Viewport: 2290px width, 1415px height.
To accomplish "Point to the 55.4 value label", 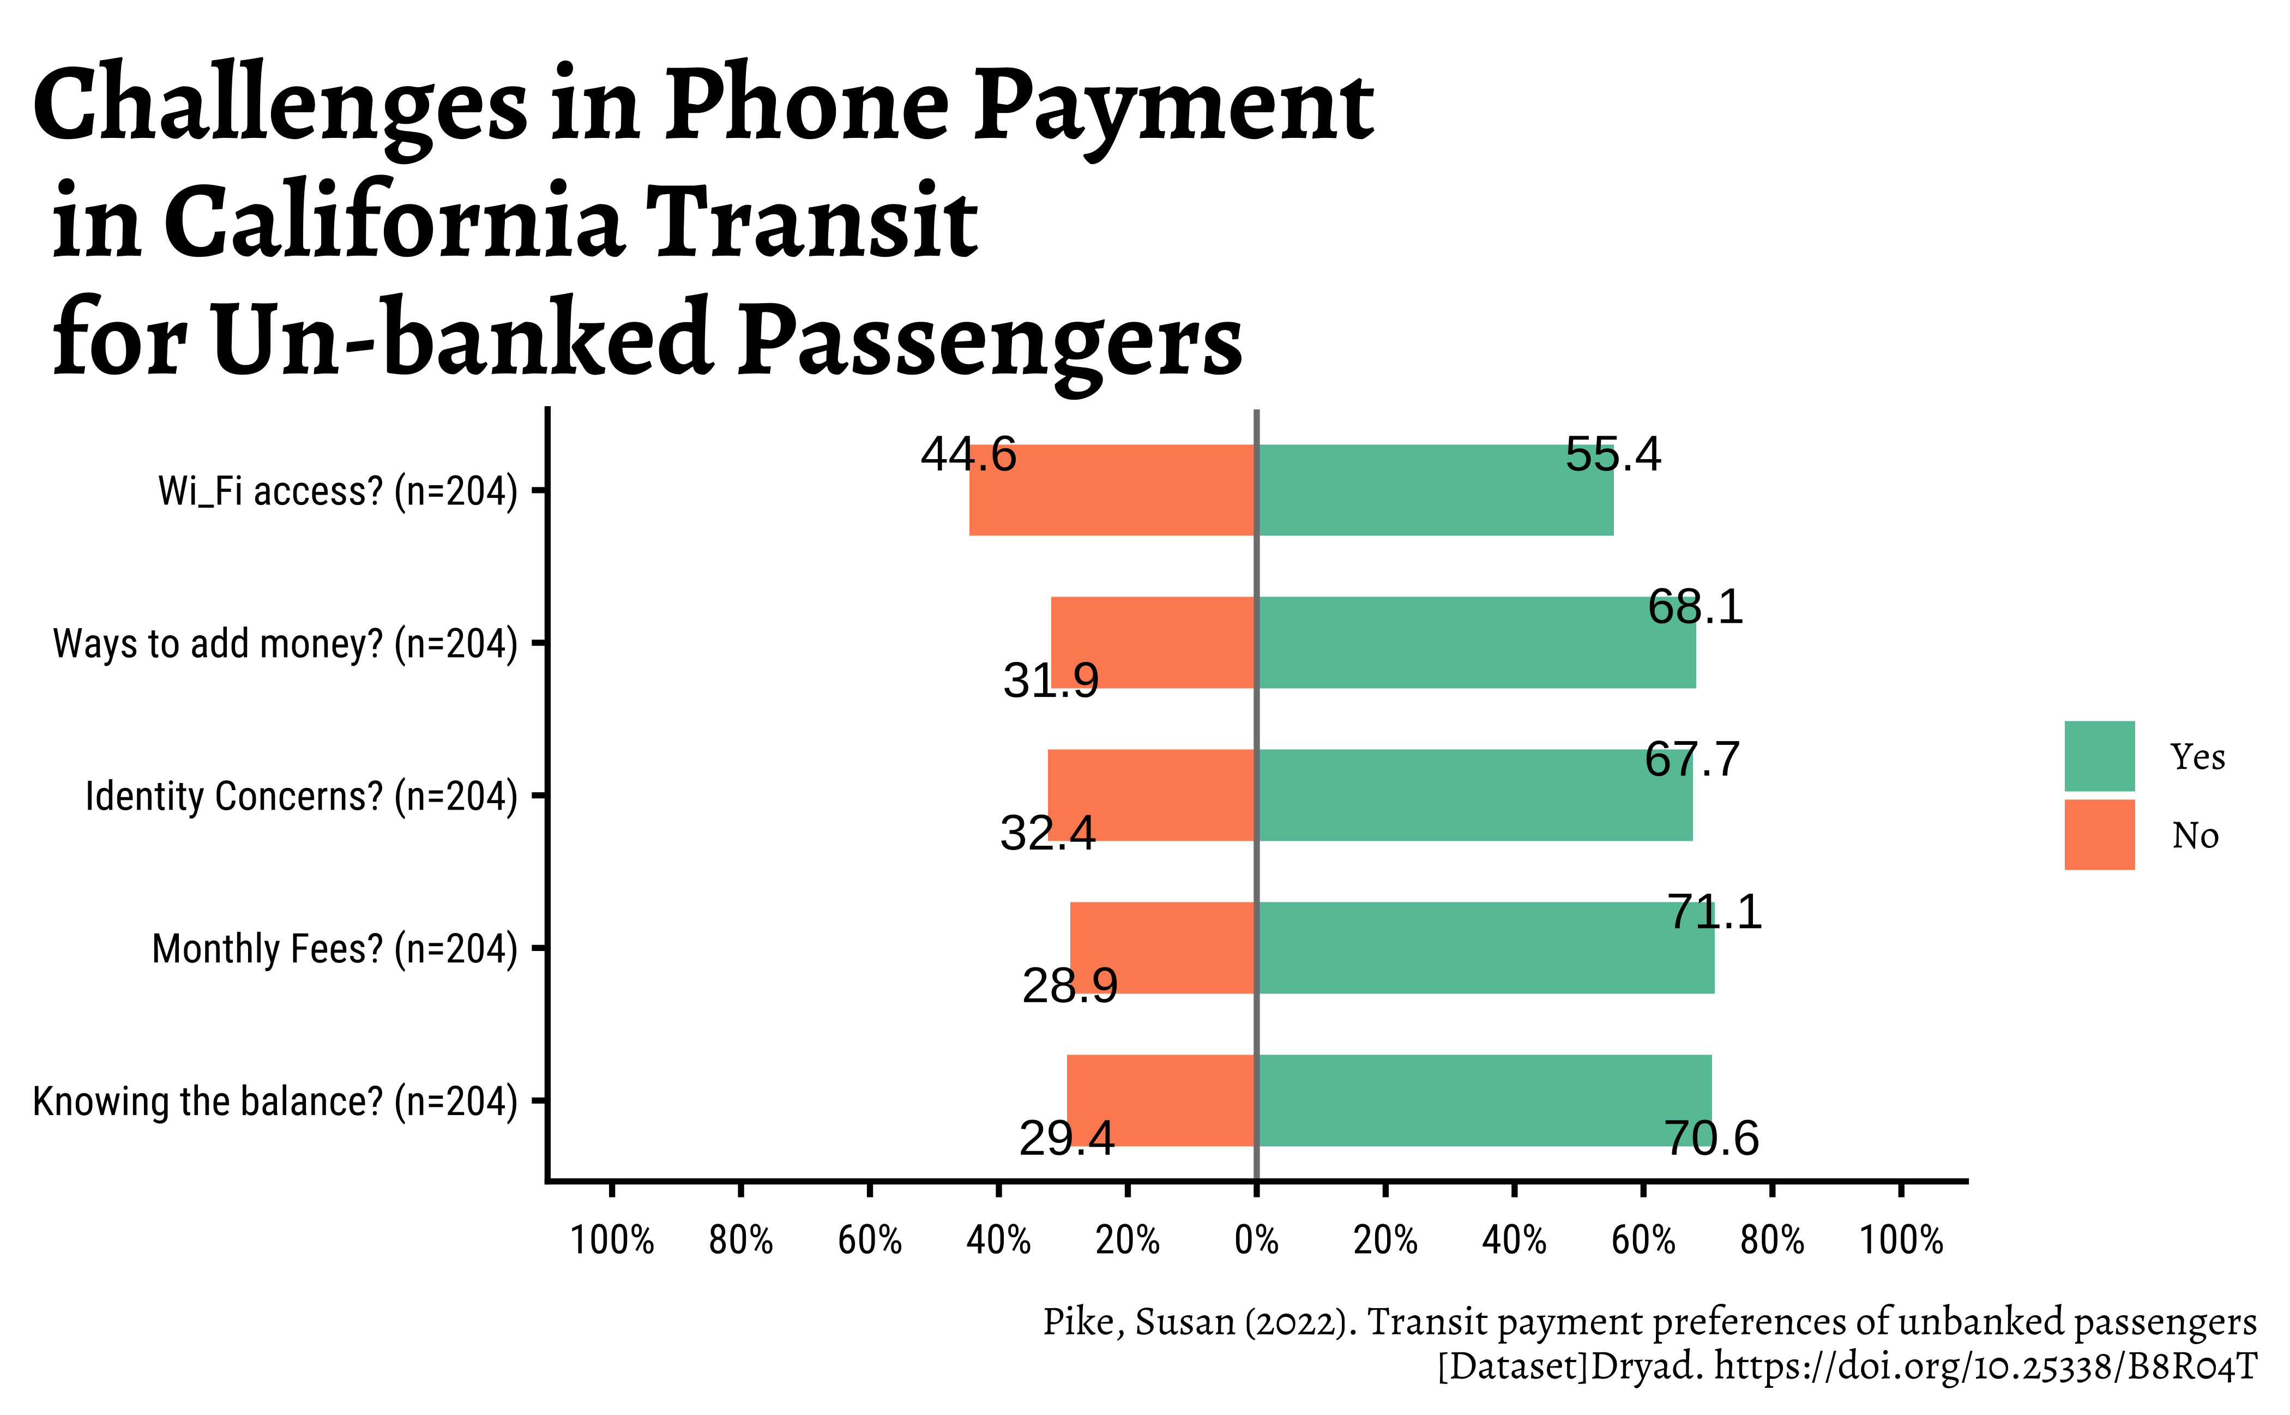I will [1612, 455].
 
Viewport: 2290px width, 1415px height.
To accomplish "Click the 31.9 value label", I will [1050, 681].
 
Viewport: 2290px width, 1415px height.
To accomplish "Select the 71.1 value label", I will [1714, 912].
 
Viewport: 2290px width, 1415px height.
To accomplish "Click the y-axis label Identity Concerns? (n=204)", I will [302, 797].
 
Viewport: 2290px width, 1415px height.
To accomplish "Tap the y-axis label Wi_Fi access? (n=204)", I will [337, 491].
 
